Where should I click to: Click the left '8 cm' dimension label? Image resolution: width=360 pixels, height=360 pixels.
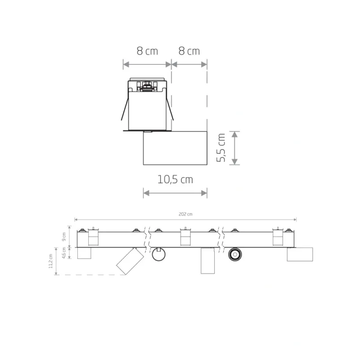pyautogui.click(x=148, y=51)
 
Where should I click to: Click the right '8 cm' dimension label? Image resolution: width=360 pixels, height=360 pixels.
pyautogui.click(x=189, y=51)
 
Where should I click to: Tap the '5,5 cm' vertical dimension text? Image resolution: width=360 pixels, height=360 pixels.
pyautogui.click(x=221, y=148)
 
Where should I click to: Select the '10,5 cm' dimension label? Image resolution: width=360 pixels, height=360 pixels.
pyautogui.click(x=175, y=180)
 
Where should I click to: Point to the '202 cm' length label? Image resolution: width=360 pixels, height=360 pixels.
pyautogui.click(x=185, y=214)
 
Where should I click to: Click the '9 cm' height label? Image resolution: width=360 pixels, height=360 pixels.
pyautogui.click(x=64, y=237)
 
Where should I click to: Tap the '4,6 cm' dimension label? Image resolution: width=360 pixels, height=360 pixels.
pyautogui.click(x=64, y=253)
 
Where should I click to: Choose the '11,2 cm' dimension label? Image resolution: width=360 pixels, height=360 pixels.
pyautogui.click(x=50, y=261)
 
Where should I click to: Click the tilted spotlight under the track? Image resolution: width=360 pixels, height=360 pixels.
pyautogui.click(x=130, y=261)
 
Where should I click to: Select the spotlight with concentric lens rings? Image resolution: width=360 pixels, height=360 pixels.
pyautogui.click(x=235, y=254)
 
